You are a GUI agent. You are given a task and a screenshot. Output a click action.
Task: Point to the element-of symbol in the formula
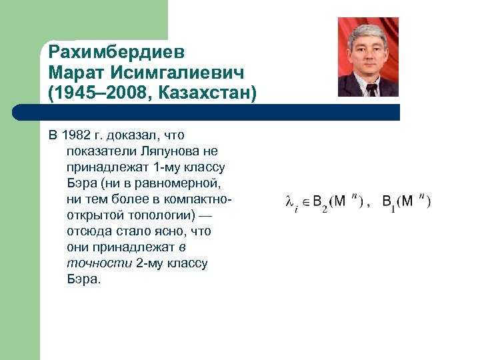[306, 200]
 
